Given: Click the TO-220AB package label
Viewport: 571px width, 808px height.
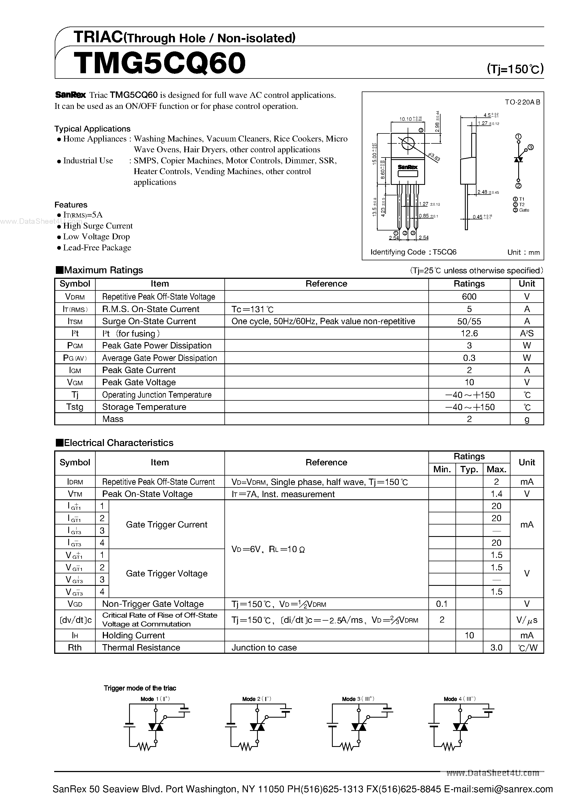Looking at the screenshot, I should (522, 102).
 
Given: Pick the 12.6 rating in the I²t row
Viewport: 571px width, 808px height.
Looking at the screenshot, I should (469, 333).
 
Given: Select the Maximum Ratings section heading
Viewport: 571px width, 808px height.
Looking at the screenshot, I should (99, 270).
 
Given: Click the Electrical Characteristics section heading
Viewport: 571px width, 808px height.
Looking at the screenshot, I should (115, 443).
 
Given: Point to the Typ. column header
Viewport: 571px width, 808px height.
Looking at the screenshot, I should (469, 469).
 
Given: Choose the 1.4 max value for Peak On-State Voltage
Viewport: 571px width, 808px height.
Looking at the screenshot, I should (496, 494).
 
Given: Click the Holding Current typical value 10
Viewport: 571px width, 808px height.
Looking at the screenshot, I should (469, 635).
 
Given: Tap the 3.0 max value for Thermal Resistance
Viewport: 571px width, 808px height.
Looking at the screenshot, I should (496, 647).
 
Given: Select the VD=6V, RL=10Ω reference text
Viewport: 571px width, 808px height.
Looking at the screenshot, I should (268, 549).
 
